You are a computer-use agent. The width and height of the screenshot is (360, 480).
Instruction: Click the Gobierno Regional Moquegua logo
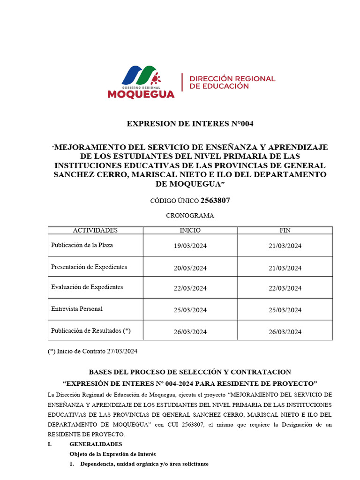(x=141, y=82)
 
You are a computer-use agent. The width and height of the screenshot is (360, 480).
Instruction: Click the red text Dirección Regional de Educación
(x=232, y=82)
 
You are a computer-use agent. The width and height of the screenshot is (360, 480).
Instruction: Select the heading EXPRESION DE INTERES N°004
(x=190, y=124)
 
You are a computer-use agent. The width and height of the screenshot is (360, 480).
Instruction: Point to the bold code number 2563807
(x=215, y=201)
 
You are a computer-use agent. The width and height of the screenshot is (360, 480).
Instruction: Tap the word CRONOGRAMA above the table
(x=190, y=216)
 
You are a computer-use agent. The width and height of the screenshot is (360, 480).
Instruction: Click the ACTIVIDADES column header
(x=95, y=230)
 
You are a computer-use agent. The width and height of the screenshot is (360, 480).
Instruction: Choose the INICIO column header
(x=190, y=230)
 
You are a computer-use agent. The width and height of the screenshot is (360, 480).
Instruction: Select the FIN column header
(x=285, y=230)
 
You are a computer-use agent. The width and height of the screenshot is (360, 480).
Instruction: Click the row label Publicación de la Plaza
(x=82, y=245)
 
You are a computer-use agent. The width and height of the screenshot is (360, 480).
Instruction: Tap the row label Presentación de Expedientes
(x=89, y=267)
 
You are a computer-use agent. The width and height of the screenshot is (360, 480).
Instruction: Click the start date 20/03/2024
(x=190, y=268)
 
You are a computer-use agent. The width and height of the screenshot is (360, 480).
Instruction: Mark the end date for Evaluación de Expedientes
(x=285, y=288)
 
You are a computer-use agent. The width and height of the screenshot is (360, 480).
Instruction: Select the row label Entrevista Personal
(x=77, y=309)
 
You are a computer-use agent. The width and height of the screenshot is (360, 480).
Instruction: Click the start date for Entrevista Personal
(x=190, y=310)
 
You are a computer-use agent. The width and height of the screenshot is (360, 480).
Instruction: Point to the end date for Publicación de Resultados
(x=285, y=332)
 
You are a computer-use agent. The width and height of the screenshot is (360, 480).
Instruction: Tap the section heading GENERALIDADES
(x=96, y=444)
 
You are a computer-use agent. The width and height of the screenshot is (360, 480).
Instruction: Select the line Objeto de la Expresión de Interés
(x=112, y=454)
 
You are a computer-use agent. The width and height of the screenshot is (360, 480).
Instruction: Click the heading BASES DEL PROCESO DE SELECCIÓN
(x=190, y=372)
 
